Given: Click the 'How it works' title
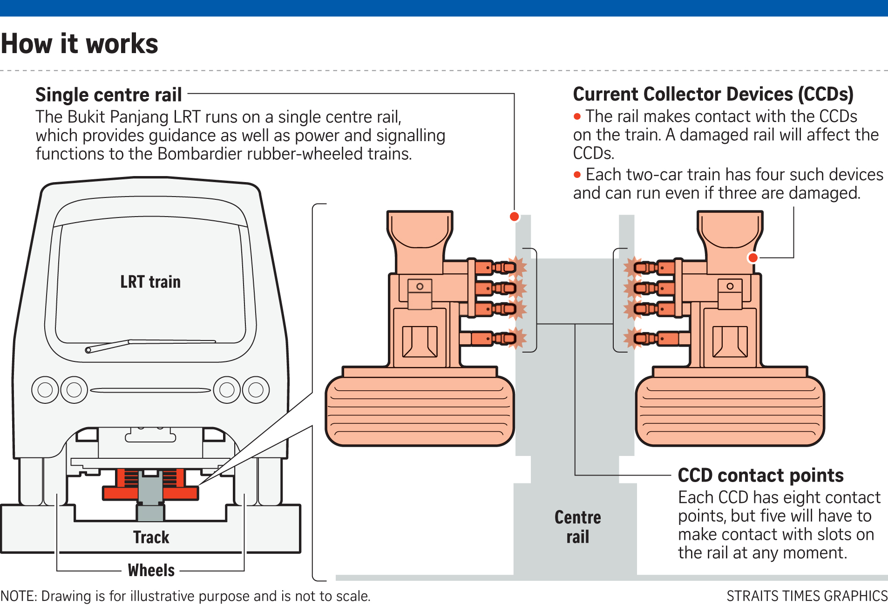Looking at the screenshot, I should click(80, 44).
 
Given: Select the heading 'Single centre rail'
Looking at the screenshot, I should click(108, 95).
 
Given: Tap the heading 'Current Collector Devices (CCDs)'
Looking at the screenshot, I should click(713, 94).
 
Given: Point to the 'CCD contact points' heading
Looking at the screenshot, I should click(760, 476).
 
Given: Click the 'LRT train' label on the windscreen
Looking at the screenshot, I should click(150, 282).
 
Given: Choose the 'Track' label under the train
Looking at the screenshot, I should click(151, 537).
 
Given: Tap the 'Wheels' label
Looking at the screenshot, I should click(151, 570).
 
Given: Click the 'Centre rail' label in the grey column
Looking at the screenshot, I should click(577, 527).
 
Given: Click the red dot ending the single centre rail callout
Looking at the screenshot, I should click(514, 217).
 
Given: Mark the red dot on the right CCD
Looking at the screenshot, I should click(752, 258).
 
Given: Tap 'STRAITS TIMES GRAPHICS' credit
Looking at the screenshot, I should click(807, 596).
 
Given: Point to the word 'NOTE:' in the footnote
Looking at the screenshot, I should click(19, 596).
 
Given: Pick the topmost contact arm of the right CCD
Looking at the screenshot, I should click(652, 267).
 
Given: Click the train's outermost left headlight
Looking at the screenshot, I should click(45, 389).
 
